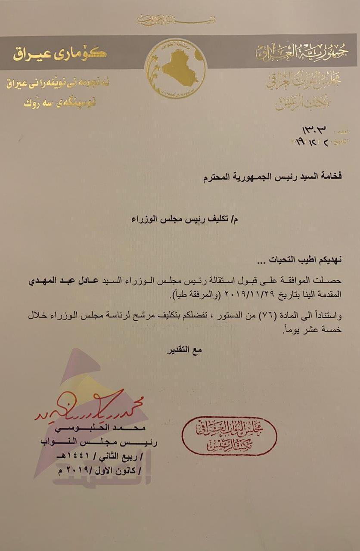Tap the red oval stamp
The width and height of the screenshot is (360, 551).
click(x=229, y=435)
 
